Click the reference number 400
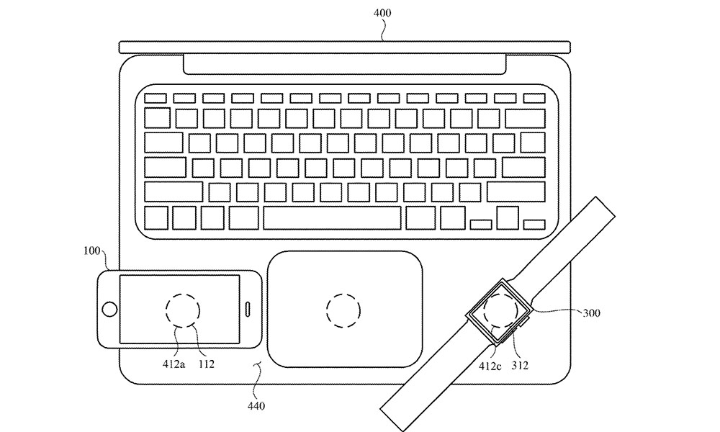point(382,12)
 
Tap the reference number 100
point(92,251)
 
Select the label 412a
point(174,364)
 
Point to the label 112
point(206,364)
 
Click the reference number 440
point(256,406)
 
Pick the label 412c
point(490,366)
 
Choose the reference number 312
point(519,366)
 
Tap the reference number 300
point(591,313)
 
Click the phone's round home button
point(109,309)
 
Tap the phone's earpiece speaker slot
point(248,309)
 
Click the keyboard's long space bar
point(332,218)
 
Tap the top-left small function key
point(156,98)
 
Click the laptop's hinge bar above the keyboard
point(344,64)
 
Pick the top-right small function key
point(534,98)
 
